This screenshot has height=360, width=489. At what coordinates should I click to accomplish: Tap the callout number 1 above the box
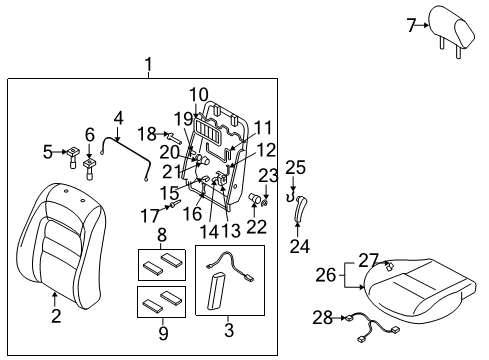tap(148, 64)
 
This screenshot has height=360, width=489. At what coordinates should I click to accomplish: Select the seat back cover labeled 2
tap(61, 246)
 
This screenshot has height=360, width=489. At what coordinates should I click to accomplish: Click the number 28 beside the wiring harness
tap(322, 318)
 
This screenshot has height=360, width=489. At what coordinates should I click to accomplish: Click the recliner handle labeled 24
tap(300, 207)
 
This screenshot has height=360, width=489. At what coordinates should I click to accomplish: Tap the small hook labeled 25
tap(291, 196)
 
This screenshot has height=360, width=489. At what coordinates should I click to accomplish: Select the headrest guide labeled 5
tap(72, 157)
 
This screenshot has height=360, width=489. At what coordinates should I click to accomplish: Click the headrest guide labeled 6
tap(89, 168)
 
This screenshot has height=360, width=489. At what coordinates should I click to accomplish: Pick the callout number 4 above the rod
tap(118, 118)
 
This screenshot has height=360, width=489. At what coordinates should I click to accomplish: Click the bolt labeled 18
tap(175, 137)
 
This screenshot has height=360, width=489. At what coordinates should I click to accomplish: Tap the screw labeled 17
tap(175, 203)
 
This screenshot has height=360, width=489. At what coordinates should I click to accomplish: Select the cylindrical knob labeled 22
tap(255, 198)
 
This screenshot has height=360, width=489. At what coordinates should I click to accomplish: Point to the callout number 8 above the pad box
tap(162, 235)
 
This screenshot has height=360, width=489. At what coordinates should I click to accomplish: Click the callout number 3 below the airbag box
tap(229, 330)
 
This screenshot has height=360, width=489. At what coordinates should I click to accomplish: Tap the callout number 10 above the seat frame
tap(199, 95)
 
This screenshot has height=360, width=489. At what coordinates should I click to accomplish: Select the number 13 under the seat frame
tap(231, 230)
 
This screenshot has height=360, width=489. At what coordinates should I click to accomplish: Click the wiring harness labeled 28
tap(374, 327)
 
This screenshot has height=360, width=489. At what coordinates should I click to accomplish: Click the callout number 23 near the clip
tap(268, 175)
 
